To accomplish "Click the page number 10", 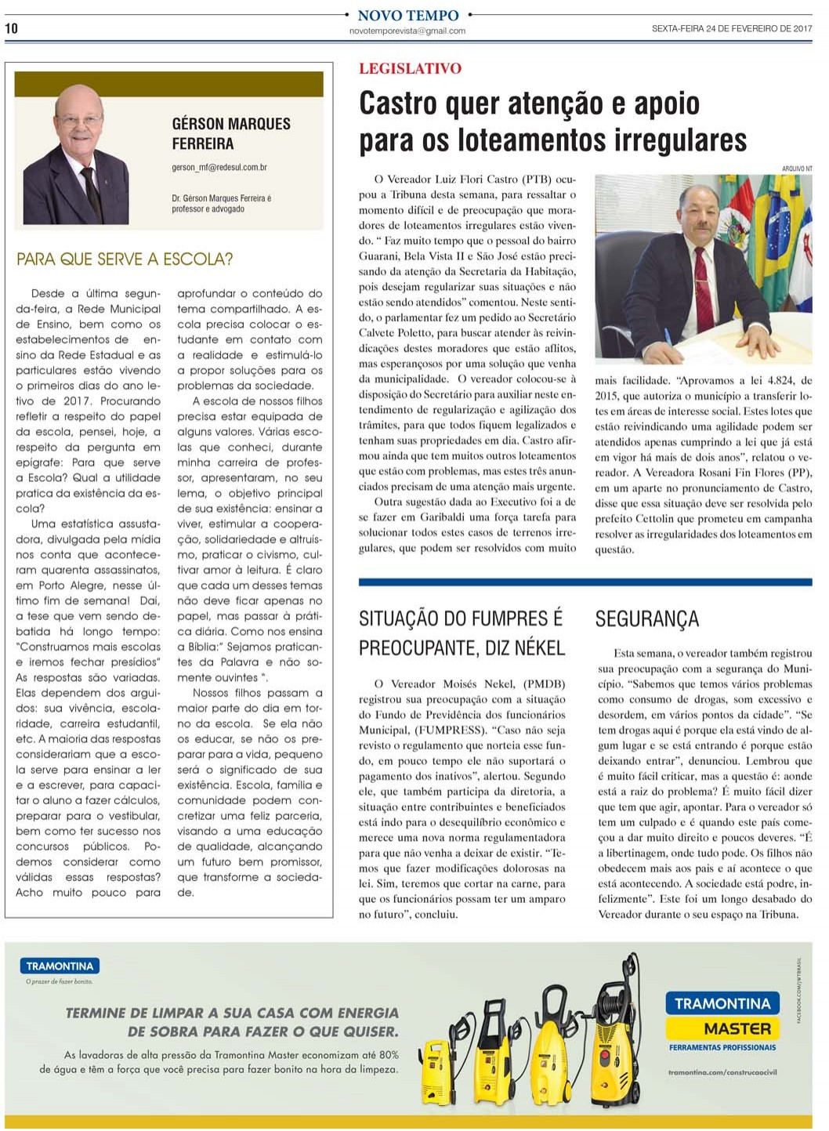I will [x=11, y=28].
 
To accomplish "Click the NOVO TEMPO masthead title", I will [x=407, y=15].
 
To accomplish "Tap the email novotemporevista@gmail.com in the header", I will [x=407, y=31].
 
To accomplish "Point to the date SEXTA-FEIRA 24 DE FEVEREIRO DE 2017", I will [x=731, y=29].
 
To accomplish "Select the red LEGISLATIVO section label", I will [x=410, y=69].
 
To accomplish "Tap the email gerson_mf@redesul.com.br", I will [x=219, y=167].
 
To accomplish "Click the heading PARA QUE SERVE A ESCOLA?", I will [x=125, y=259].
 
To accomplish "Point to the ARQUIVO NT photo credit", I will [x=797, y=169].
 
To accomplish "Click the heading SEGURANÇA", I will [x=646, y=619].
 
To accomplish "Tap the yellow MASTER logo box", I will [x=722, y=1028].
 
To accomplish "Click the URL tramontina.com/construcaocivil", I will [x=722, y=1072].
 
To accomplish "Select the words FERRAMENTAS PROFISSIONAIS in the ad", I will [x=722, y=1048].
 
